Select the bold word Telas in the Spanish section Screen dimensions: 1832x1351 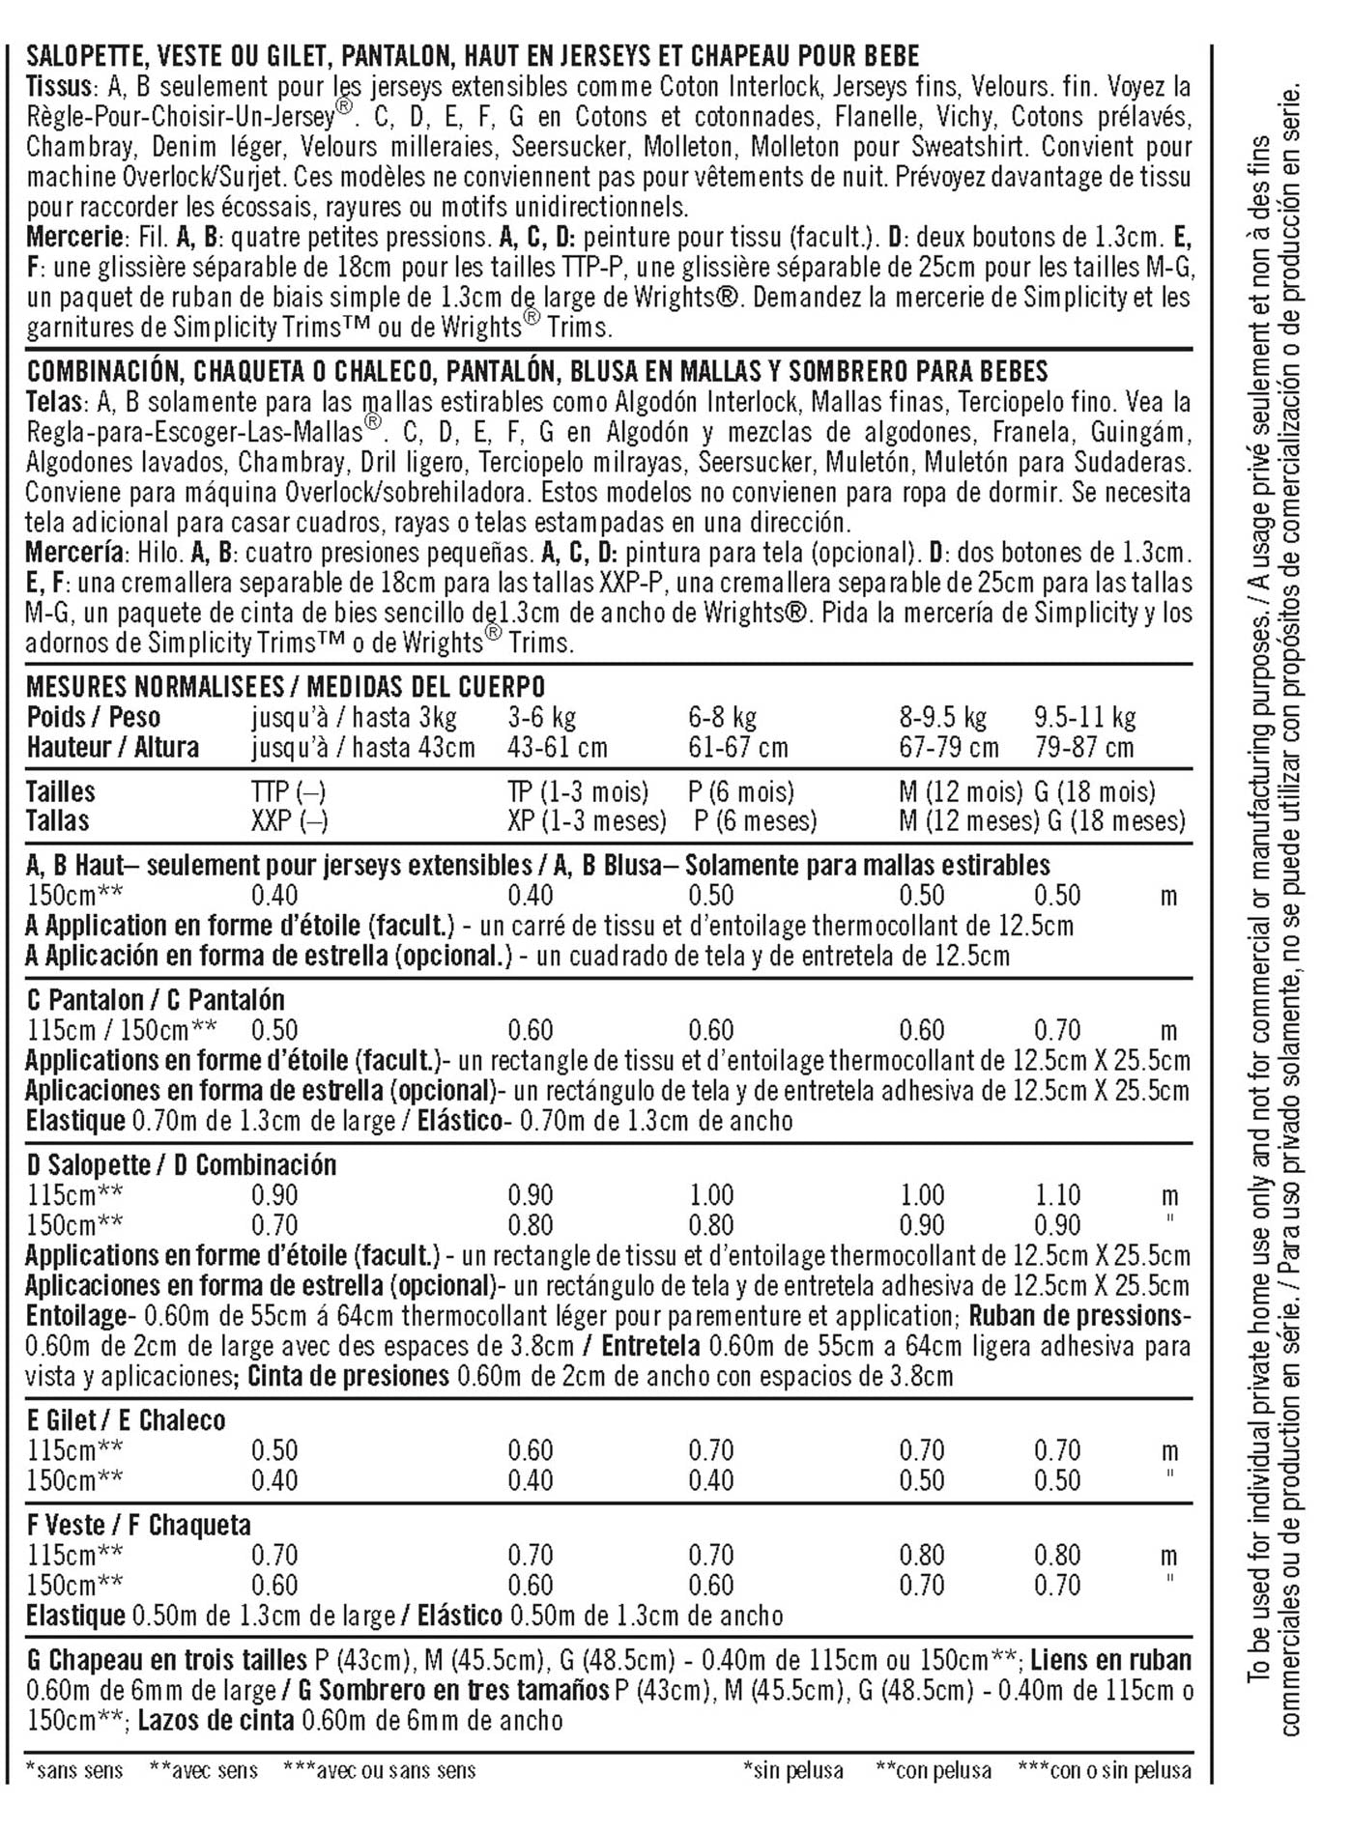click(54, 402)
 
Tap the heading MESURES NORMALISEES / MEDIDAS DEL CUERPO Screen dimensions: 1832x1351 click(286, 687)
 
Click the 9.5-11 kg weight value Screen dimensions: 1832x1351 click(1084, 718)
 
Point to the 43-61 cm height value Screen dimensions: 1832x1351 click(558, 748)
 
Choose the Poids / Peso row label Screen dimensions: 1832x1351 click(94, 718)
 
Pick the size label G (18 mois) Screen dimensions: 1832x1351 click(1095, 792)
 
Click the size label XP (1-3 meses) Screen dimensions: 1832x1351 click(587, 821)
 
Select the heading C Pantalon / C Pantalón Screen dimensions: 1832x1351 click(156, 1000)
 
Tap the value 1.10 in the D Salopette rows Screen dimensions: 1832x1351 click(1057, 1195)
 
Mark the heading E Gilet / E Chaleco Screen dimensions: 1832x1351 click(126, 1420)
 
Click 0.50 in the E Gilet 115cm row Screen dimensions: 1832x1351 click(274, 1450)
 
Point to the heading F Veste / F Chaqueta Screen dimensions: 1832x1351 click(138, 1526)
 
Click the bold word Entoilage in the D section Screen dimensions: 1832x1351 click(75, 1316)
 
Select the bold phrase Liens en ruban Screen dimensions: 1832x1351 click(1110, 1661)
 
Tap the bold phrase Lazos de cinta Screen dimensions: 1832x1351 click(216, 1721)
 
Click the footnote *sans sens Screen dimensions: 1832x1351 click(74, 1771)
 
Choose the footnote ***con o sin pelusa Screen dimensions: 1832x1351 click(1105, 1771)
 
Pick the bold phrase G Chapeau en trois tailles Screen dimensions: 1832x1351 click(166, 1661)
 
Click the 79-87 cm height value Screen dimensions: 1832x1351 click(1083, 748)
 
